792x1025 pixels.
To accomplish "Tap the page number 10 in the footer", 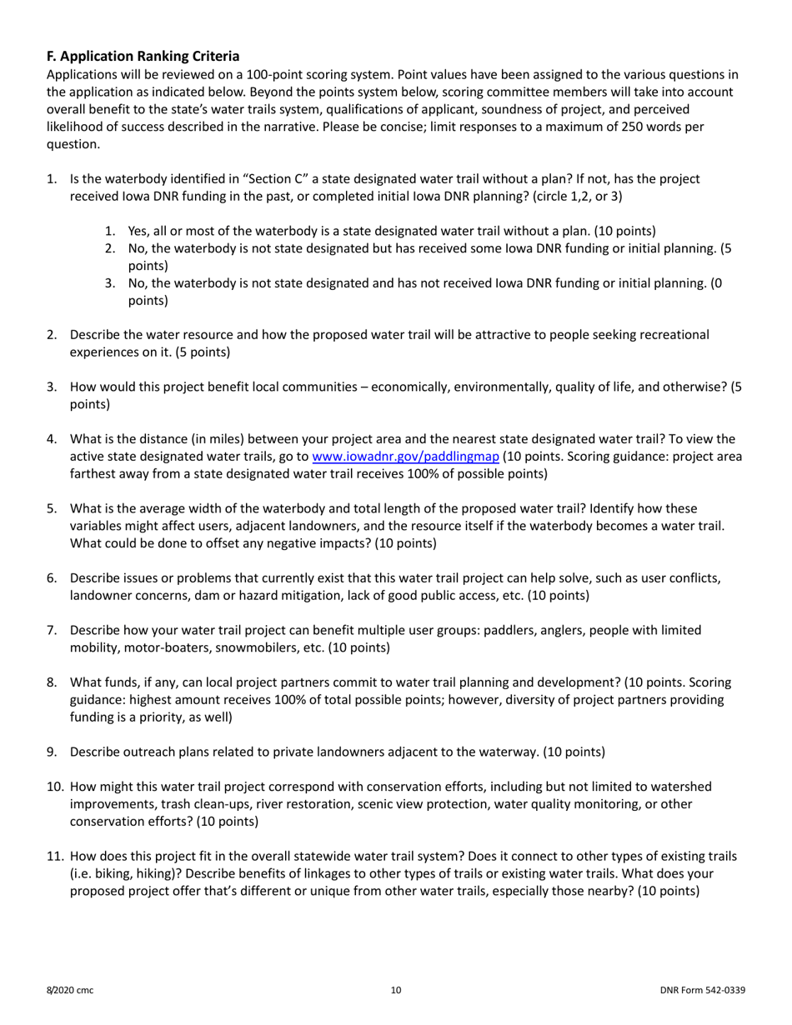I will (x=396, y=991).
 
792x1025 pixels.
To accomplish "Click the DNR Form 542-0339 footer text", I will (x=702, y=991).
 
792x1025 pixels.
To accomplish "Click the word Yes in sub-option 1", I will (x=138, y=231).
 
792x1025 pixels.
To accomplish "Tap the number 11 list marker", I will (x=53, y=856).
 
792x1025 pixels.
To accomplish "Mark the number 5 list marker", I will (x=52, y=508).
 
